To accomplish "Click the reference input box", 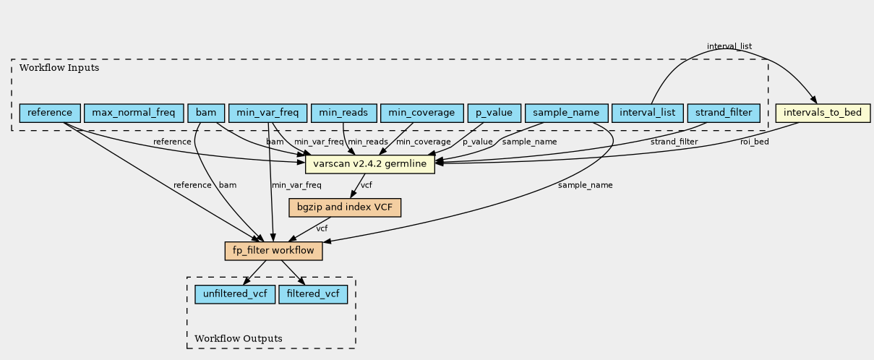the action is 50,113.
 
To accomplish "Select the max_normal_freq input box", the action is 134,113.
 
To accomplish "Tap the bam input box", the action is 206,113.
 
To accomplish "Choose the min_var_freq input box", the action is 267,113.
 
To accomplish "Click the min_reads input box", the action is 344,113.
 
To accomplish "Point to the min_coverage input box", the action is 421,113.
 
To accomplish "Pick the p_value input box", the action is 494,113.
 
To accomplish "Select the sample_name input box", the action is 567,113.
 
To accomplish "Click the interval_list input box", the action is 648,113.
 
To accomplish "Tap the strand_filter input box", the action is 724,113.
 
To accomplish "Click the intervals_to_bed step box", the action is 823,113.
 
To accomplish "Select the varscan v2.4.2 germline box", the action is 370,164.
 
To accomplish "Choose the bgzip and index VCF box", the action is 345,207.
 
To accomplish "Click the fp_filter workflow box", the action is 273,251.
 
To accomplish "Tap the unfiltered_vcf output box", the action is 235,294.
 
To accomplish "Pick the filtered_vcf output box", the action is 313,294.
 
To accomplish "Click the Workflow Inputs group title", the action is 59,68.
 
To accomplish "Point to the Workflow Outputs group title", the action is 239,338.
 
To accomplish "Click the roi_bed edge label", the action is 755,142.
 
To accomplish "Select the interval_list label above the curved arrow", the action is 729,46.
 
